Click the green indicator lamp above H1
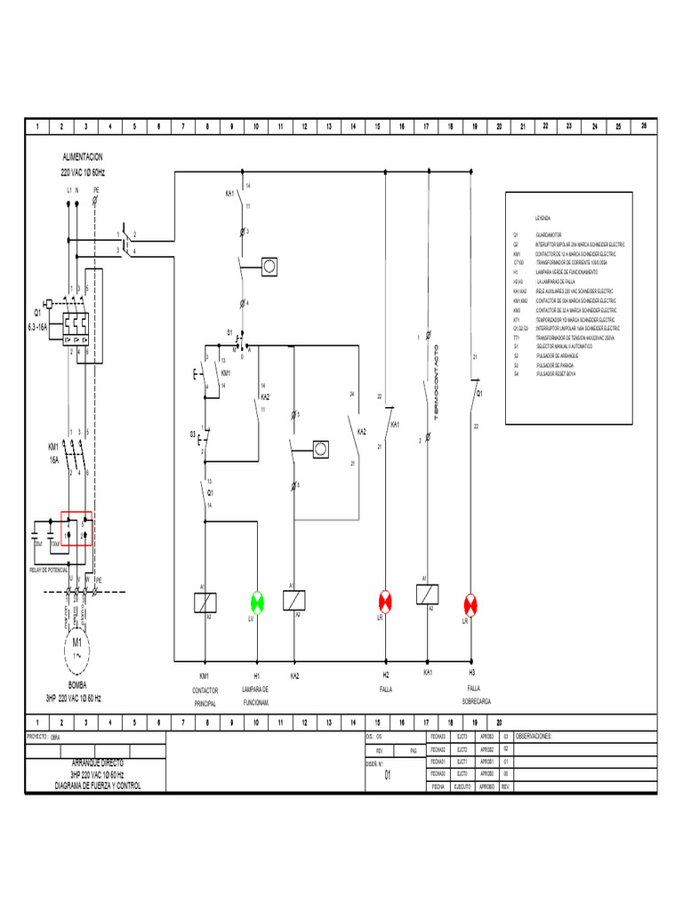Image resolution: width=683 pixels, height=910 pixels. pos(257,602)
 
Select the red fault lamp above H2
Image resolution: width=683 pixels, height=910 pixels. pos(386,602)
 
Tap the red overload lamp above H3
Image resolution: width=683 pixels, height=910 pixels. pos(471,604)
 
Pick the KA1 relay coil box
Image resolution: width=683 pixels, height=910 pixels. pos(427,595)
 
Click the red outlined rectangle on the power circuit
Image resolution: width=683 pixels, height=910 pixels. pos(76,528)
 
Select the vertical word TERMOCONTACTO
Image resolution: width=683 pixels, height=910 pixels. pos(437,383)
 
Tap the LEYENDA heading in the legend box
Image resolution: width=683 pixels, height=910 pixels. pos(542,218)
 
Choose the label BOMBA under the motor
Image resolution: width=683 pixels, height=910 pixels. pos(76,686)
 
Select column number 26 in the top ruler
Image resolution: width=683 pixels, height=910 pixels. pos(643,126)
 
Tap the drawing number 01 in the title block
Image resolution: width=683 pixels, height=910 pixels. pos(387,775)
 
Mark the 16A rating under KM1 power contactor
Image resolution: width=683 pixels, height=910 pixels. pos(53,460)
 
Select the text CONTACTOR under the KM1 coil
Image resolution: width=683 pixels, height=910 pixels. pos(205,689)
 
